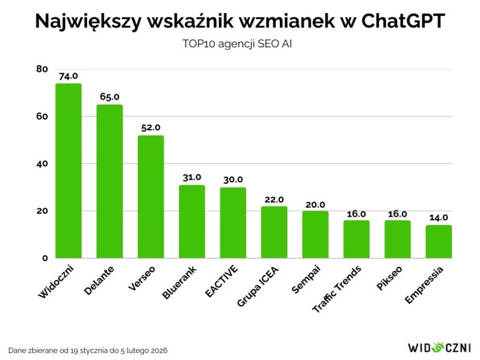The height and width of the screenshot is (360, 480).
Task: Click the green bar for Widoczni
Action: [x=68, y=171]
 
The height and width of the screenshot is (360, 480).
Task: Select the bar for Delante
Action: [x=109, y=181]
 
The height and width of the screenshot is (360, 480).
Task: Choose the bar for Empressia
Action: [x=438, y=241]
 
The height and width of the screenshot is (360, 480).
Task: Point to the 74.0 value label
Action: [x=68, y=76]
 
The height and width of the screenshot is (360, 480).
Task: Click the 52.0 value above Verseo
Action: [x=150, y=128]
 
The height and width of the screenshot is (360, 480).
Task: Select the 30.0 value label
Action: [x=232, y=180]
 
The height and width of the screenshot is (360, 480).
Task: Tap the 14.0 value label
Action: [x=438, y=217]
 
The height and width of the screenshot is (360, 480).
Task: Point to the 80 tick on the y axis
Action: [x=42, y=69]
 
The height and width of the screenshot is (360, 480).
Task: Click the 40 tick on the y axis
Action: [x=42, y=164]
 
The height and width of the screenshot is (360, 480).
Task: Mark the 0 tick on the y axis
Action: [x=45, y=259]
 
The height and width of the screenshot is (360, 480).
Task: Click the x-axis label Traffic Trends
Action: [x=339, y=288]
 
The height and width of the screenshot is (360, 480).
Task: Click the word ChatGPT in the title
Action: [x=388, y=21]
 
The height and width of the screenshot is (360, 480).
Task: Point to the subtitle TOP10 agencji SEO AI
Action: [x=239, y=44]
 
